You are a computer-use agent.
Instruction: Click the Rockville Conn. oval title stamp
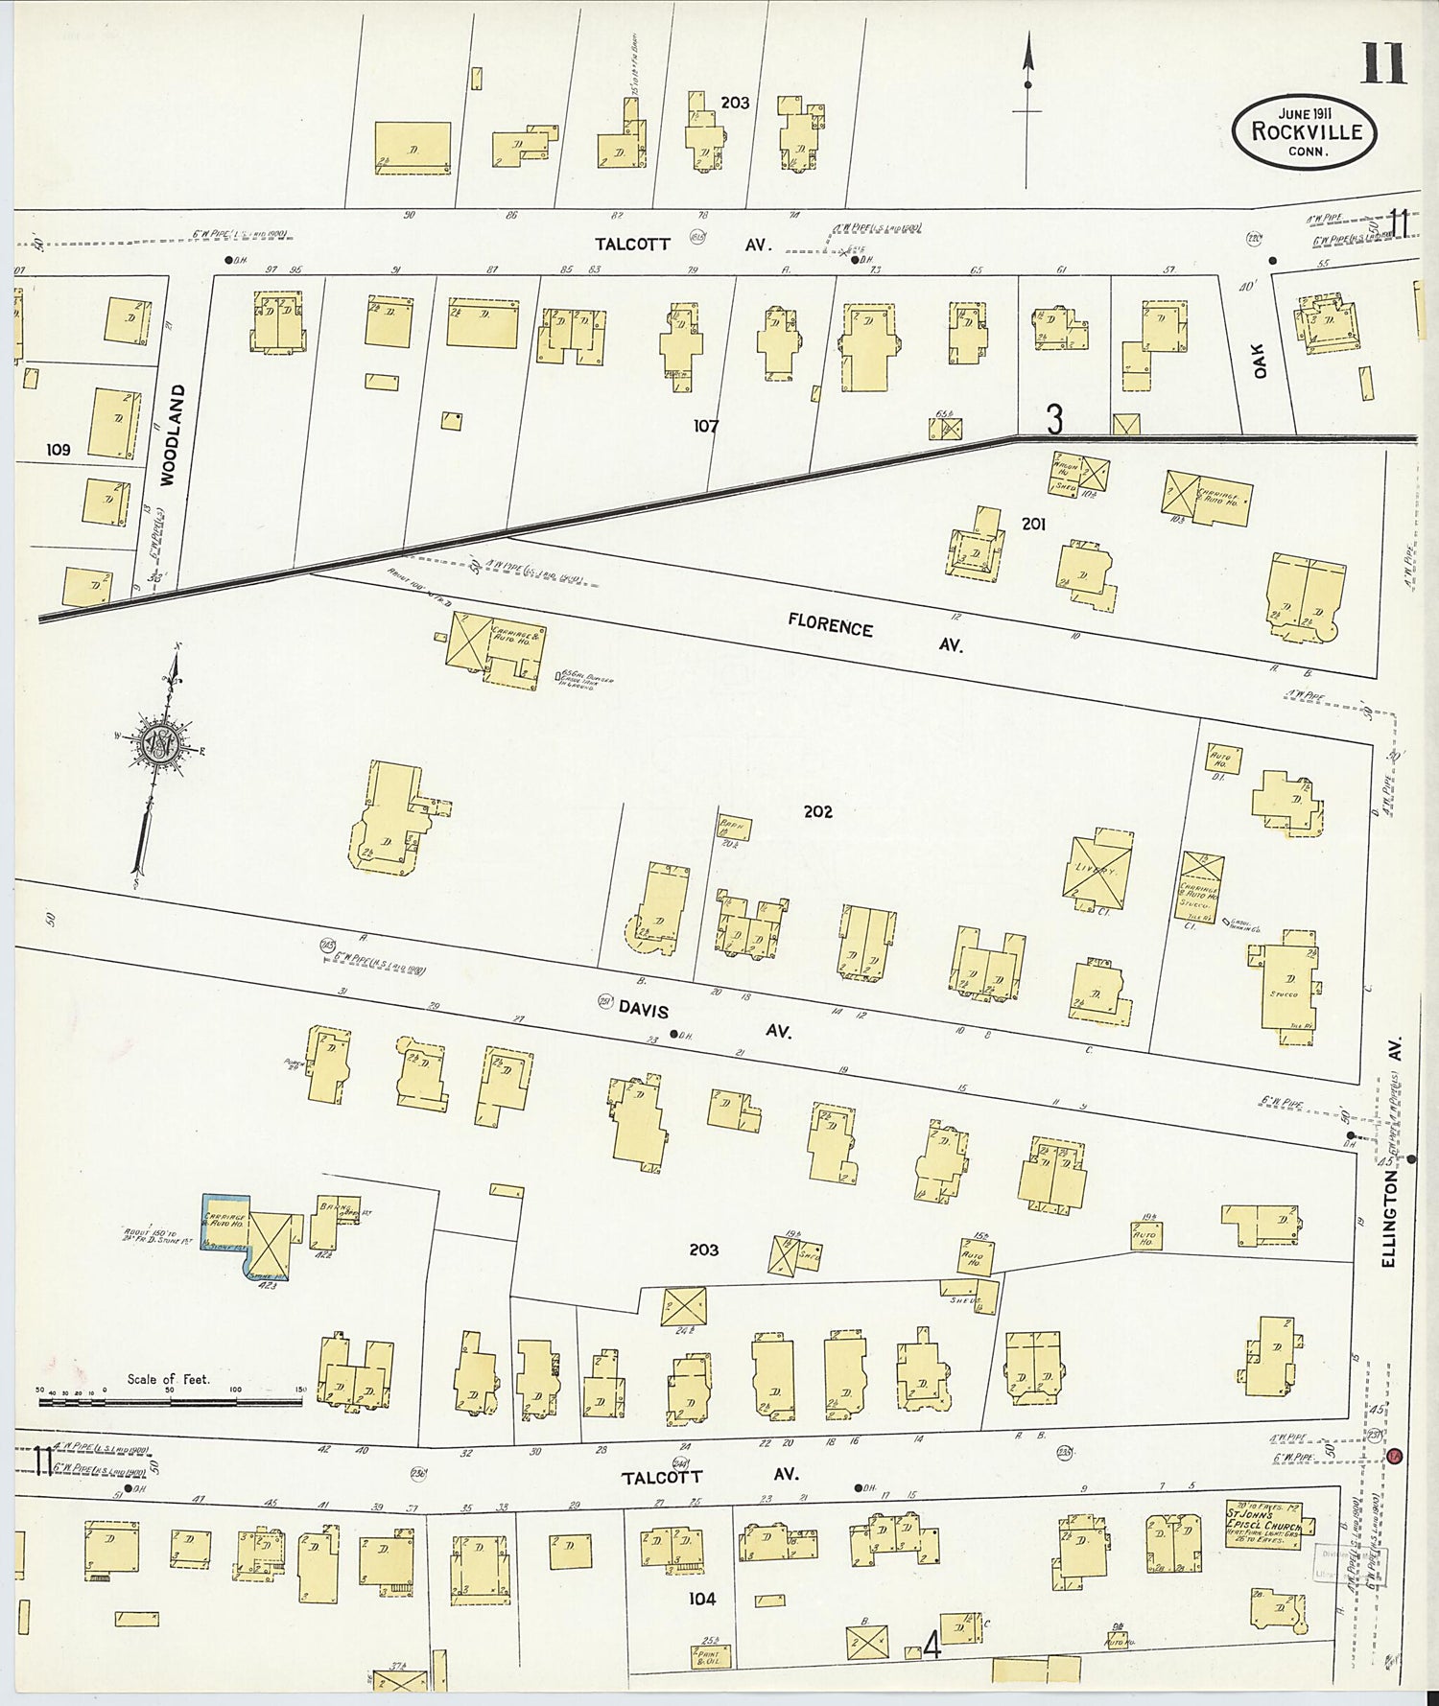(x=1304, y=132)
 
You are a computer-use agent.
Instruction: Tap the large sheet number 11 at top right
(x=1382, y=65)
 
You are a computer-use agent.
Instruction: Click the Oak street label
(x=1261, y=361)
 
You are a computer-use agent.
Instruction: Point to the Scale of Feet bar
(x=170, y=1401)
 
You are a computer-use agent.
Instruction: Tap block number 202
(x=817, y=811)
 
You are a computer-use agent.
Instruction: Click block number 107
(x=706, y=425)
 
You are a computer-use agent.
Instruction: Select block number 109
(x=59, y=449)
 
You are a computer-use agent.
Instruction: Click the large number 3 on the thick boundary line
(x=1054, y=420)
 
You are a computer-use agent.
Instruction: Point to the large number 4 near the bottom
(x=931, y=1648)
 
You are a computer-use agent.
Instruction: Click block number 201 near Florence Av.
(x=1033, y=524)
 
